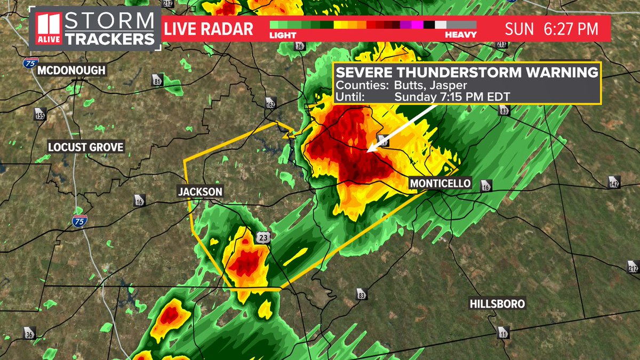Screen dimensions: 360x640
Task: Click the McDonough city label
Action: pyautogui.click(x=72, y=70)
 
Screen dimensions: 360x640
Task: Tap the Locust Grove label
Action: pyautogui.click(x=86, y=147)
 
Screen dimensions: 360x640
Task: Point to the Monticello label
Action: pyautogui.click(x=441, y=183)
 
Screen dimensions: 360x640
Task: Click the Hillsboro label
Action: pyautogui.click(x=498, y=304)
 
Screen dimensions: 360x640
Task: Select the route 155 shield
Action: pyautogui.click(x=41, y=114)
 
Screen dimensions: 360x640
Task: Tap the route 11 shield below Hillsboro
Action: pyautogui.click(x=503, y=333)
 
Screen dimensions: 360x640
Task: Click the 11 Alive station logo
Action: pyautogui.click(x=50, y=30)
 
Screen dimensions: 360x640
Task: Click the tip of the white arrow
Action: pyautogui.click(x=369, y=150)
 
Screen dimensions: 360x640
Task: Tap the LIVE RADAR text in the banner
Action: pyautogui.click(x=209, y=29)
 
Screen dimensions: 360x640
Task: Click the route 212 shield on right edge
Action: pyautogui.click(x=633, y=266)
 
